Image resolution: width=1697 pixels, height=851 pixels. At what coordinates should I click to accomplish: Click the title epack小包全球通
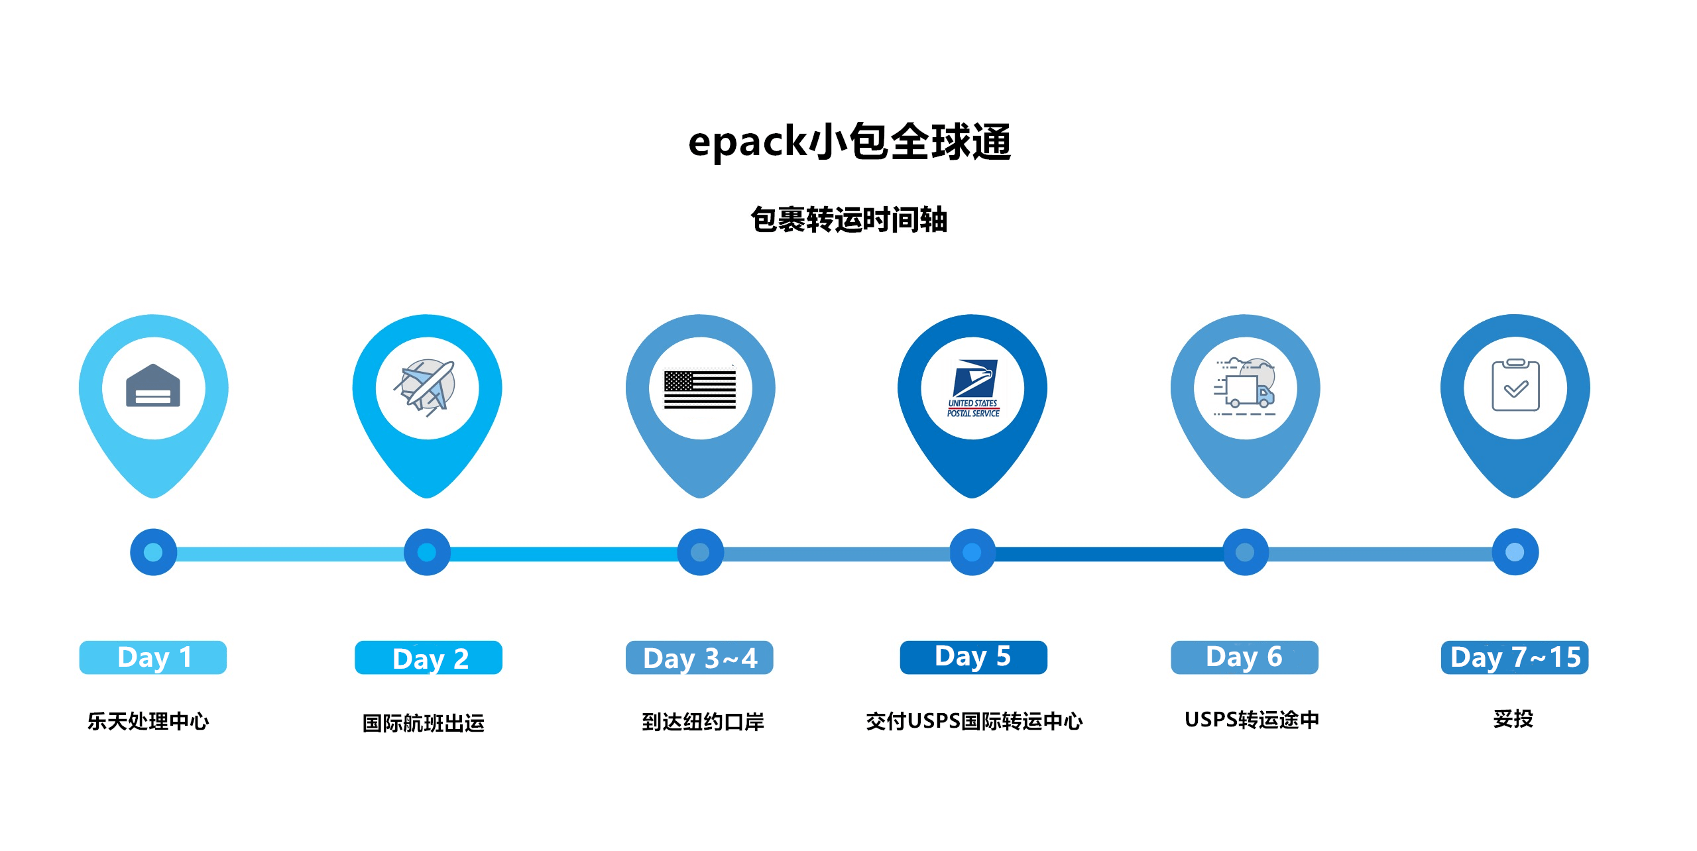(849, 142)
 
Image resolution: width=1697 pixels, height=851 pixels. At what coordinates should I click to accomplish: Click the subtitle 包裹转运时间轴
(849, 219)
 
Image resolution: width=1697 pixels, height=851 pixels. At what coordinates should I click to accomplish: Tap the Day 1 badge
(153, 657)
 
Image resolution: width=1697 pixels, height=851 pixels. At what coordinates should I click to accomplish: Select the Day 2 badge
(428, 657)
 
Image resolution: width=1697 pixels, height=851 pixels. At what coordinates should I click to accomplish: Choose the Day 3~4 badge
(699, 657)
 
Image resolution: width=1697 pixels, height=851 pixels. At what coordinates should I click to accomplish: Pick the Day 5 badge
(973, 657)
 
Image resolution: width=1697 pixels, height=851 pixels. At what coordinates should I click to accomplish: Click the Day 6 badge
(1244, 657)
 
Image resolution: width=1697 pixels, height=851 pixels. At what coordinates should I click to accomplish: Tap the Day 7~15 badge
(1515, 657)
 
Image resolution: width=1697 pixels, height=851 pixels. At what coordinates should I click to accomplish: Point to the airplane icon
(426, 387)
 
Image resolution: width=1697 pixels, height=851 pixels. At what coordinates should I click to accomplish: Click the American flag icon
(700, 389)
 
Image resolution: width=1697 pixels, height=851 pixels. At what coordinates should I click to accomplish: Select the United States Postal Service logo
(973, 388)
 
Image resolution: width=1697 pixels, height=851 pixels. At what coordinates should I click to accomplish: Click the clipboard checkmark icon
(1515, 385)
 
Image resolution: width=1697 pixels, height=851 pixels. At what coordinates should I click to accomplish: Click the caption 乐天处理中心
(148, 721)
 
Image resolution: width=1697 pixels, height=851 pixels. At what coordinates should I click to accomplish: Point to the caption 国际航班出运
(424, 723)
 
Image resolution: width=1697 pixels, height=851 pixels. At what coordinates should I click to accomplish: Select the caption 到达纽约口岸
(703, 722)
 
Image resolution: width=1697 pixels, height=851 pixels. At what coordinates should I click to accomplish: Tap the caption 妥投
(1513, 718)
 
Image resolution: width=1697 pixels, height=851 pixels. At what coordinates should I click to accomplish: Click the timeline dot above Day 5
(972, 552)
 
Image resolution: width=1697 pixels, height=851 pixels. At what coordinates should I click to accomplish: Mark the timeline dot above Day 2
(427, 552)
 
